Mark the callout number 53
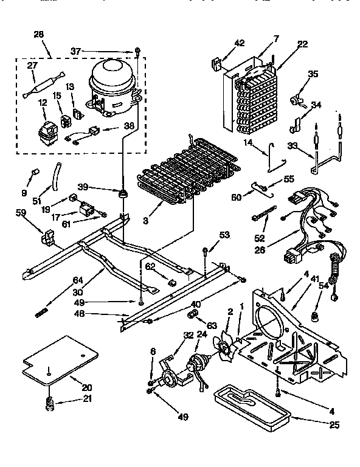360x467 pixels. (224, 235)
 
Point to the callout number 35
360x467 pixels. (313, 74)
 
